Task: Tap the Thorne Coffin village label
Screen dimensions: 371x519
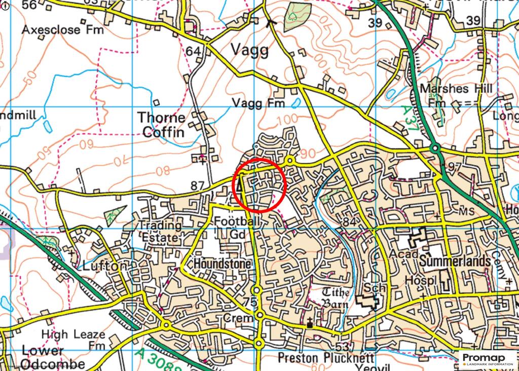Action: (162, 125)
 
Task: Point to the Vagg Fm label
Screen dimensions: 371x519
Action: (258, 103)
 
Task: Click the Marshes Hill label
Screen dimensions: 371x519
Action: (456, 89)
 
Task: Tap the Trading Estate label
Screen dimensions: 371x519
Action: (160, 231)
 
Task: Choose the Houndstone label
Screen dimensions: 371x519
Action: (222, 265)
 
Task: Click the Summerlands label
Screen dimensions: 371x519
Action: (455, 262)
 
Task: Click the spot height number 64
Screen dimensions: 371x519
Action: (193, 51)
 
